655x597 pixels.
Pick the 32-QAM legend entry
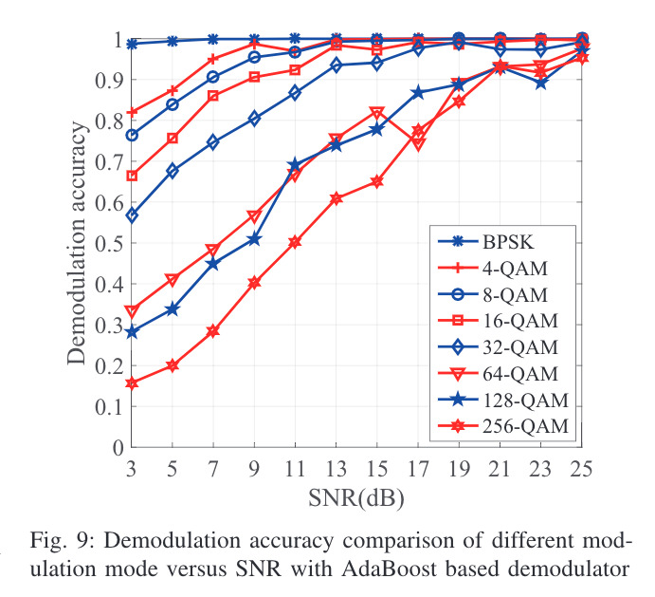pos(516,346)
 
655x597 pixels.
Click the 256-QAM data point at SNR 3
pos(132,383)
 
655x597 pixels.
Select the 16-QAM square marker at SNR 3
pos(132,176)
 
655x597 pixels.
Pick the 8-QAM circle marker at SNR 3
pos(132,135)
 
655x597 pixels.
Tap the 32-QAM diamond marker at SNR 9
pos(254,119)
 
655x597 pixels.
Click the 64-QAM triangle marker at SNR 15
pos(376,113)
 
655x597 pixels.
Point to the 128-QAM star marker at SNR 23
pos(540,84)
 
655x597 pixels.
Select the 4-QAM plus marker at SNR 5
pos(173,90)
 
